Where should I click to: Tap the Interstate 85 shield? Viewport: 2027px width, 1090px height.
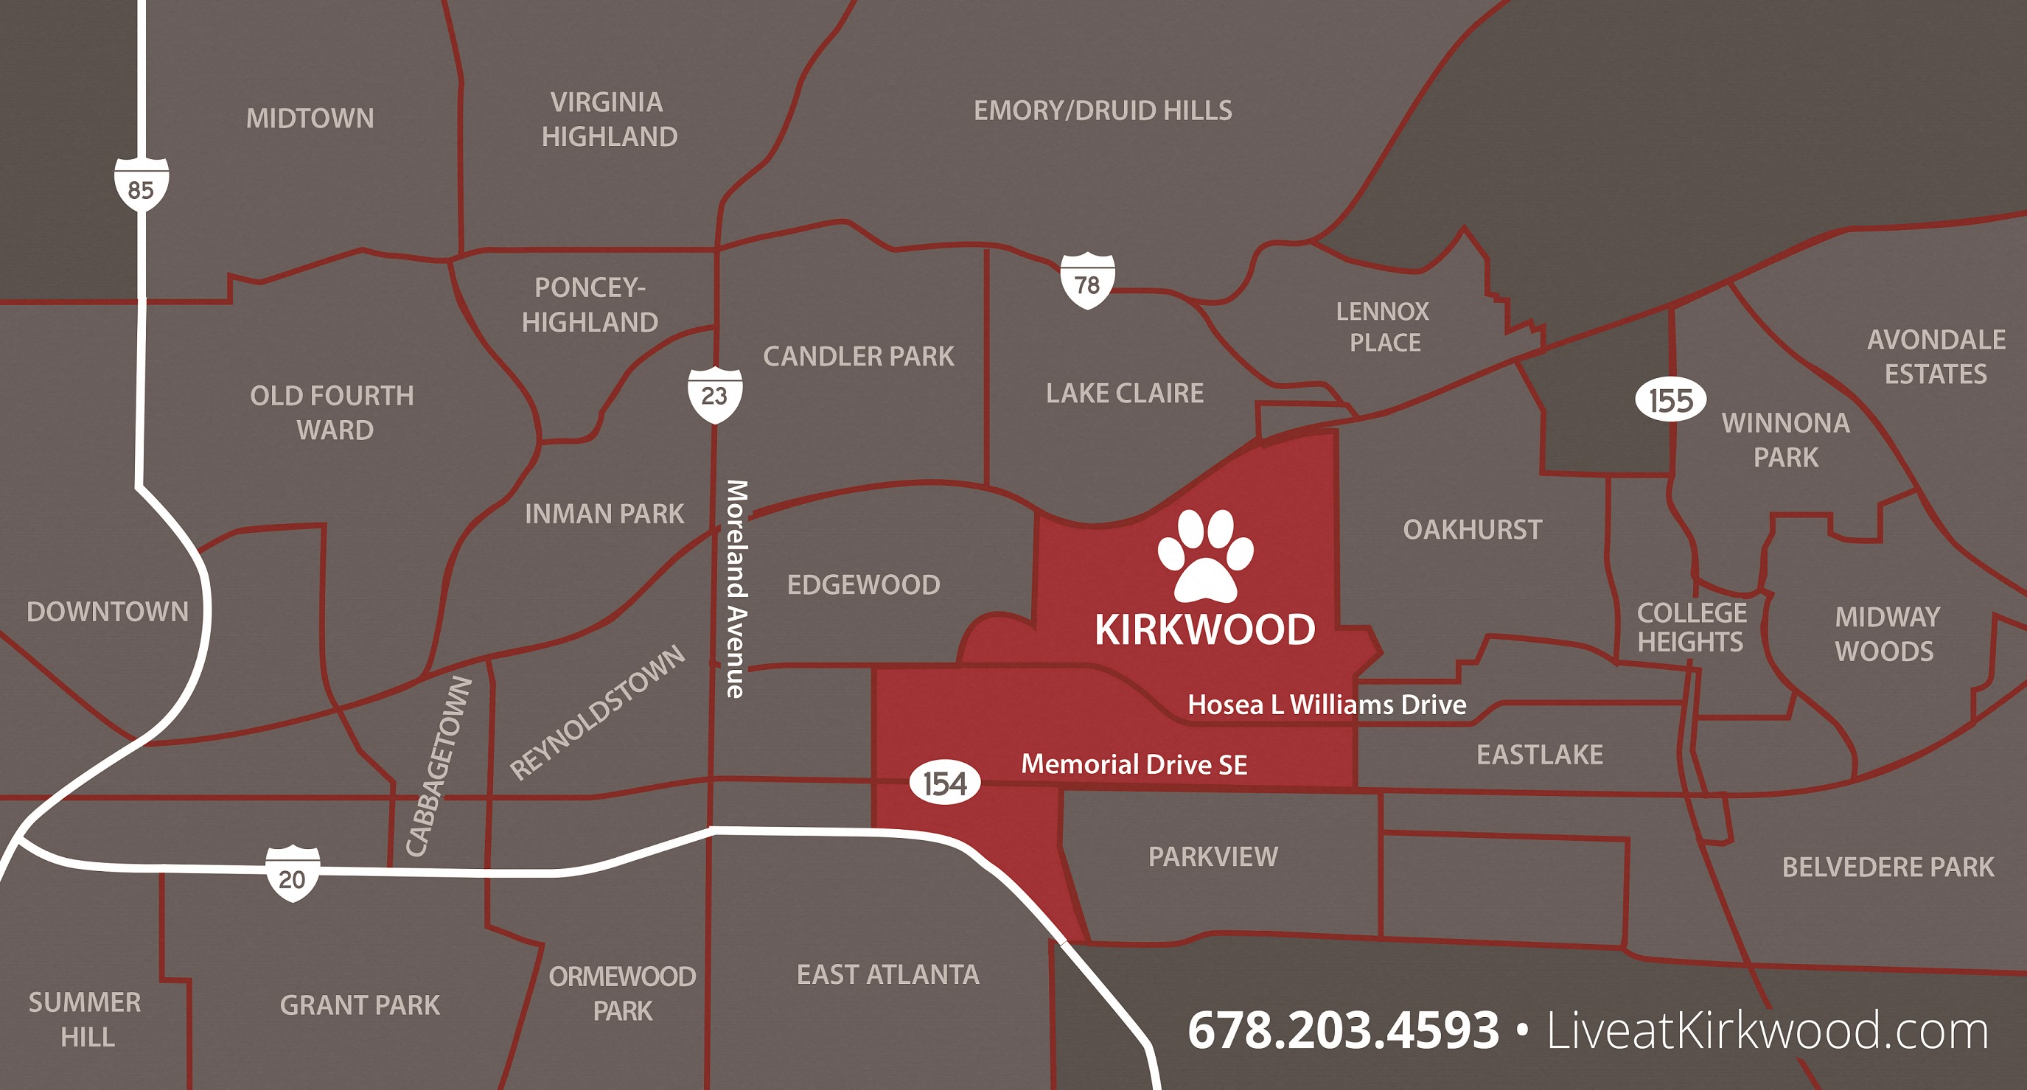[141, 185]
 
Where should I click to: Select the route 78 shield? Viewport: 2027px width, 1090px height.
[1086, 281]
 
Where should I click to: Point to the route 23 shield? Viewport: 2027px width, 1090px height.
[714, 394]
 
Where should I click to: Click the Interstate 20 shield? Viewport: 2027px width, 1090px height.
[292, 874]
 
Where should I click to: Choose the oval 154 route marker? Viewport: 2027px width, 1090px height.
[944, 783]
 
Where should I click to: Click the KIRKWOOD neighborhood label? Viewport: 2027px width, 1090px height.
[1204, 629]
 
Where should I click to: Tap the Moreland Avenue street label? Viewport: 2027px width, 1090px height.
[736, 589]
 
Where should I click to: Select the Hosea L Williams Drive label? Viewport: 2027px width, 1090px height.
[1327, 705]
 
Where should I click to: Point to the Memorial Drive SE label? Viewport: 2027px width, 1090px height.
[1134, 764]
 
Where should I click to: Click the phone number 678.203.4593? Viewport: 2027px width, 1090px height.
[1342, 1030]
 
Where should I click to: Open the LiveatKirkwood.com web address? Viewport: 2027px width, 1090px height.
[1768, 1030]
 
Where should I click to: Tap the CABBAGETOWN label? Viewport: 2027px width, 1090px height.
[439, 766]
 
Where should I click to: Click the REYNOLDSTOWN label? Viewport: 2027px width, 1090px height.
[597, 712]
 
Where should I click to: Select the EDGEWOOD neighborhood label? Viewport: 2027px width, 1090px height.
[863, 584]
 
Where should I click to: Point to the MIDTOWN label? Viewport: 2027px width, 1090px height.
[310, 119]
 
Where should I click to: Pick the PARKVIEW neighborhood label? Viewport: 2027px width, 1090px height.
[1213, 856]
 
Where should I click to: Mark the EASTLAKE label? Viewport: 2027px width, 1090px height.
[1539, 755]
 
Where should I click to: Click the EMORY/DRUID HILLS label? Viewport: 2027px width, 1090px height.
[1103, 111]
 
